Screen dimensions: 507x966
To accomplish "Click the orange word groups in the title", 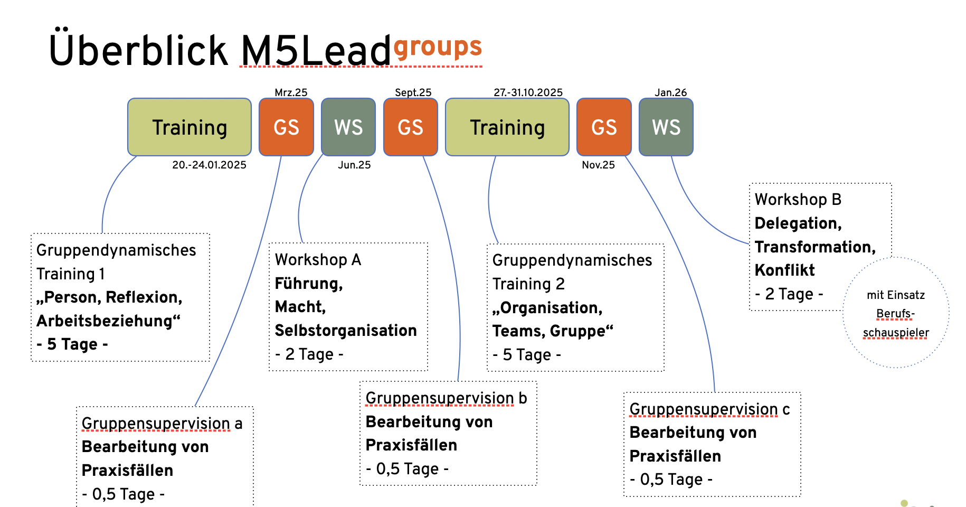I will tap(438, 48).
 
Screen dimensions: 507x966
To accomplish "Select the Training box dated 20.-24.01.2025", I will tap(190, 127).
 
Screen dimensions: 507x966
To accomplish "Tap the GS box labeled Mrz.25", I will tap(286, 127).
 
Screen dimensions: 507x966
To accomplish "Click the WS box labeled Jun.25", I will tap(348, 127).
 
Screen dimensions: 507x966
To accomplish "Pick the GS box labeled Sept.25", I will tap(410, 127).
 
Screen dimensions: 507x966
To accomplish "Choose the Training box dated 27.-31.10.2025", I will tap(507, 127).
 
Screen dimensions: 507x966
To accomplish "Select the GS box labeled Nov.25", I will tap(604, 127).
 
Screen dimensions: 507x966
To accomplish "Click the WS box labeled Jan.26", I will tap(666, 127).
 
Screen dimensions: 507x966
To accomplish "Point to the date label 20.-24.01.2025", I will tap(209, 165).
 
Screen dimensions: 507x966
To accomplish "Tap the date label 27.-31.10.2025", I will tap(528, 92).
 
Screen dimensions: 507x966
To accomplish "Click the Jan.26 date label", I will tap(670, 92).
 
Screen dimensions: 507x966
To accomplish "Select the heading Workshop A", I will tap(318, 260).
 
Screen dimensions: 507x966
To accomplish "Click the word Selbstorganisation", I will tap(346, 331).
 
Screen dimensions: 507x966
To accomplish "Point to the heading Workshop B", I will tap(798, 200).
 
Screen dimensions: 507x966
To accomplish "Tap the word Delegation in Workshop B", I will tap(798, 223).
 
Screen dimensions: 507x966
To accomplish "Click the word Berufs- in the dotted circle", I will tap(895, 314).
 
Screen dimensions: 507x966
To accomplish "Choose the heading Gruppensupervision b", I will tap(446, 398).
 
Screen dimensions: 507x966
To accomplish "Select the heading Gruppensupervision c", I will tap(709, 409).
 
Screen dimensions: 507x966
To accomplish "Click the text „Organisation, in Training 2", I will tap(547, 308).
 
